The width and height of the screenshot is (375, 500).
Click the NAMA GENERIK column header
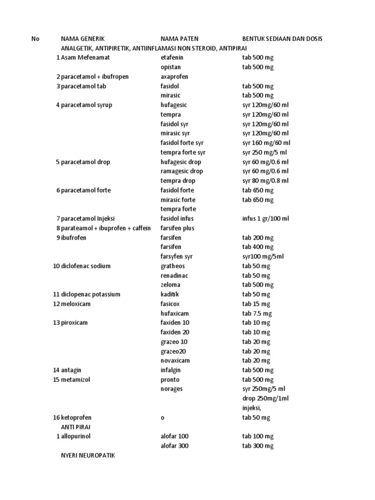click(83, 39)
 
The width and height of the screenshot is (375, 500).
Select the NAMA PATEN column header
click(179, 39)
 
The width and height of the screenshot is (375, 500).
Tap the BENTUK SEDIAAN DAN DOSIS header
click(282, 39)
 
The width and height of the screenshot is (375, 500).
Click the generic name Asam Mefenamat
click(85, 58)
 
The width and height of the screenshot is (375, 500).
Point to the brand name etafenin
click(172, 58)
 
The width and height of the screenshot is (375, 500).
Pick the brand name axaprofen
click(174, 77)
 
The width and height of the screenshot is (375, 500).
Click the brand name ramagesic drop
click(182, 171)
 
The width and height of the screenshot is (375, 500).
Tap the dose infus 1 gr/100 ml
click(266, 219)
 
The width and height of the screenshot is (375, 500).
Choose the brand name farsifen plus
click(178, 228)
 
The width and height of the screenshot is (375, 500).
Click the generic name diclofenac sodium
click(86, 266)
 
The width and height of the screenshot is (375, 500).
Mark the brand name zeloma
click(170, 285)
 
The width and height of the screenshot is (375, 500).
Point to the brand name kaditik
click(170, 294)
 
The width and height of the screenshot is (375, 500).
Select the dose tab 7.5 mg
click(257, 313)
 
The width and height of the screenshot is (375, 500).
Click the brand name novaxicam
click(175, 361)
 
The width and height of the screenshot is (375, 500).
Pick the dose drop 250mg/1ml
click(266, 398)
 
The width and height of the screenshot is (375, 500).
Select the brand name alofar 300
click(174, 446)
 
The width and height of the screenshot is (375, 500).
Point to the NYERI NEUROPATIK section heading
click(89, 456)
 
